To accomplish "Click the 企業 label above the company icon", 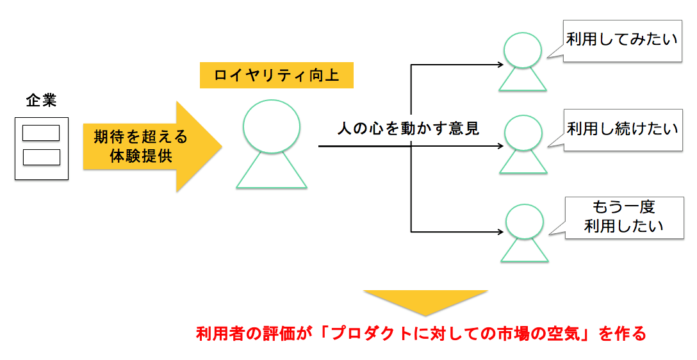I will click(x=41, y=100).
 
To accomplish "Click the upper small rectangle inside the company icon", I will click(x=41, y=133).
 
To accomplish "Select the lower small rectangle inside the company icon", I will click(x=41, y=157).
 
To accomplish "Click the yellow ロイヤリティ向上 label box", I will click(x=277, y=76).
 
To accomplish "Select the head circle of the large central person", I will click(x=272, y=123).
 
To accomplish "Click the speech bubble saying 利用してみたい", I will click(x=622, y=40).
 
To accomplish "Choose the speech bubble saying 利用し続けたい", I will click(x=622, y=129).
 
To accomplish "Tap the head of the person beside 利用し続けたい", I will click(x=523, y=133).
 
